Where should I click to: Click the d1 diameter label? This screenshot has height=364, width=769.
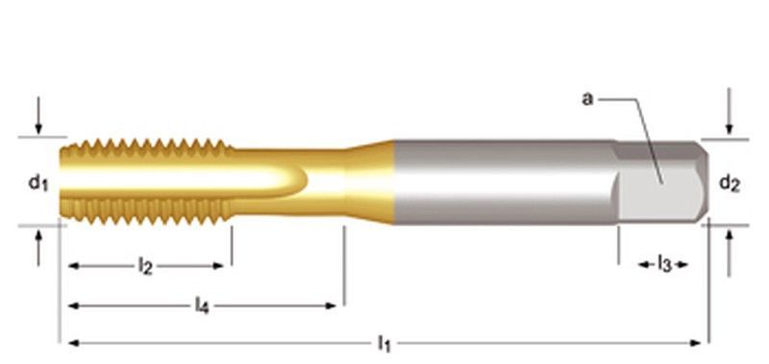click(x=38, y=183)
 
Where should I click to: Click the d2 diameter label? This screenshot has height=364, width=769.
click(x=730, y=183)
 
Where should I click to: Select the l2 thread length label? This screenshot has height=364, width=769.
click(x=145, y=266)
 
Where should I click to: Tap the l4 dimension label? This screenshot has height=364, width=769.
click(x=202, y=305)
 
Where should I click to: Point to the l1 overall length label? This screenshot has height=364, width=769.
click(x=384, y=344)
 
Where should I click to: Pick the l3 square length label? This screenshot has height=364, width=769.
click(x=663, y=264)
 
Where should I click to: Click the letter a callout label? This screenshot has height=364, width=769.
click(x=587, y=99)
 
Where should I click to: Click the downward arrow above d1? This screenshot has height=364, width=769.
click(x=38, y=115)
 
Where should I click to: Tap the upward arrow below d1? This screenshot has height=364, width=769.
click(x=38, y=248)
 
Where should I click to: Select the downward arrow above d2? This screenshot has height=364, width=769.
click(x=730, y=111)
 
